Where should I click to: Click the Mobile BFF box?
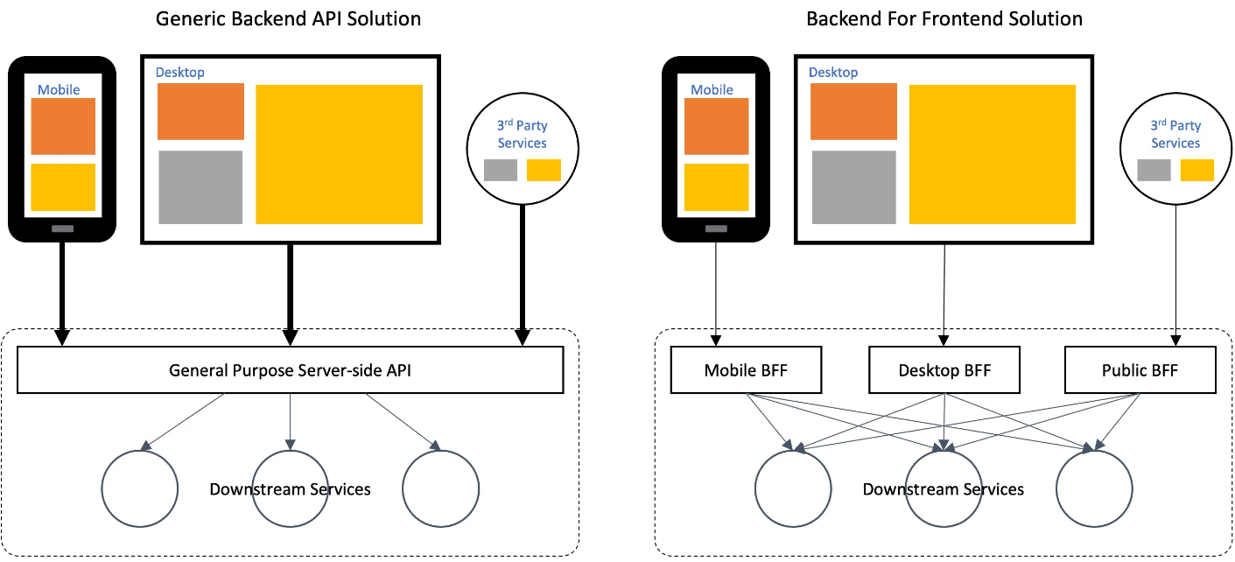click(746, 370)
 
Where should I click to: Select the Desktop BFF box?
click(944, 370)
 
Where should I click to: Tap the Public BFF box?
click(1140, 370)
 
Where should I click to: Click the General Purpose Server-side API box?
click(290, 370)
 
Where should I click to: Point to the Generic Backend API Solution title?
click(288, 18)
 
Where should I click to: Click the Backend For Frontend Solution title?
click(944, 18)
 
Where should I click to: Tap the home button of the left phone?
click(62, 228)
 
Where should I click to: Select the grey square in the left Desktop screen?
click(200, 187)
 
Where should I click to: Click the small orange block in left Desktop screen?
click(200, 111)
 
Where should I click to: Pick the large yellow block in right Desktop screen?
click(992, 154)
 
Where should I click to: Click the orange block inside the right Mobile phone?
click(716, 126)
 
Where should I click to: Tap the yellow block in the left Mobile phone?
click(63, 187)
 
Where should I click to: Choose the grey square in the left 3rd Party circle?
click(501, 170)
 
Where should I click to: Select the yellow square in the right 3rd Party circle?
click(1196, 170)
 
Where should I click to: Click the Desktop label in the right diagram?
click(833, 73)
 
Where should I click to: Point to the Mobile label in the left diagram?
click(59, 90)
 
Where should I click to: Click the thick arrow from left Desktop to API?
click(290, 289)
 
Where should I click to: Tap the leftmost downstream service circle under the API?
click(139, 488)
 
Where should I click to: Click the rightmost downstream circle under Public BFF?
click(1094, 488)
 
